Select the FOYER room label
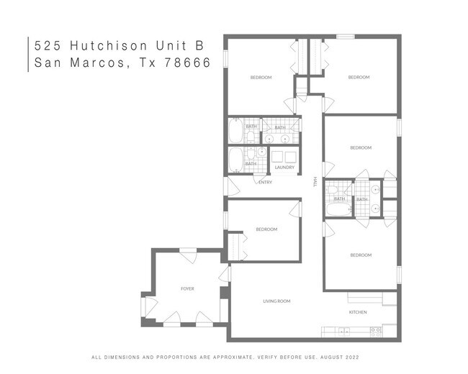[x=187, y=289]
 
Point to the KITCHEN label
[x=358, y=312]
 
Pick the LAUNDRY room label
[x=284, y=168]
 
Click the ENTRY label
[x=265, y=182]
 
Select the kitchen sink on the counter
[x=344, y=332]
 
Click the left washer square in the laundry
[x=277, y=157]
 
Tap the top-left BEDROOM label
[x=261, y=77]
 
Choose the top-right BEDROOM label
[x=359, y=77]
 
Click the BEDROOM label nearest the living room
[x=266, y=229]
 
